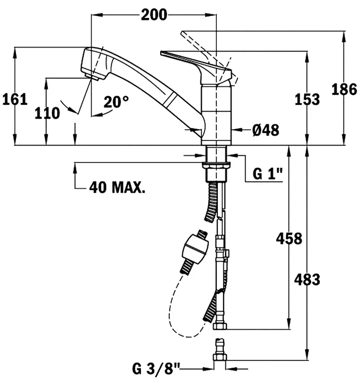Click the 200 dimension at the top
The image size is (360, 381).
[154, 15]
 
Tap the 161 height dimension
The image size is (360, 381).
[15, 100]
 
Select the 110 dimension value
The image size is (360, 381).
[47, 113]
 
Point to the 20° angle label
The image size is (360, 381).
[116, 102]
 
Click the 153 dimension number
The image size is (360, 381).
[308, 100]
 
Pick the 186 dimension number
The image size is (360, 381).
[344, 89]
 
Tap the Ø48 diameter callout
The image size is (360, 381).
[266, 130]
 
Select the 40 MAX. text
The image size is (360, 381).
[117, 187]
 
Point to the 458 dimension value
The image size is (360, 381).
[289, 238]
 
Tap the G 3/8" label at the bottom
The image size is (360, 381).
[156, 369]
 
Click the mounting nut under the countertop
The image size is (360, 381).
[216, 165]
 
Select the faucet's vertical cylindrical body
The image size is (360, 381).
[216, 114]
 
